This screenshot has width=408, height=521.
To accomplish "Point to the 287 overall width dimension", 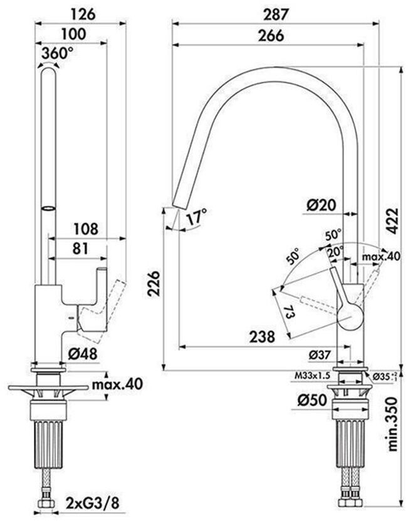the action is coord(276,13).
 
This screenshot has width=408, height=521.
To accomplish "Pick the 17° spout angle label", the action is coord(196,217).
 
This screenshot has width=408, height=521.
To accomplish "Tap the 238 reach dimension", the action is coord(261,336).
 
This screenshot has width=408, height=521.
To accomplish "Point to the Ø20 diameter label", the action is coord(322,204).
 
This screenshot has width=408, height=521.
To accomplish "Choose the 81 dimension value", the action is coord(80,249).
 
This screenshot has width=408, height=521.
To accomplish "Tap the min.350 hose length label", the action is coord(393,425).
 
